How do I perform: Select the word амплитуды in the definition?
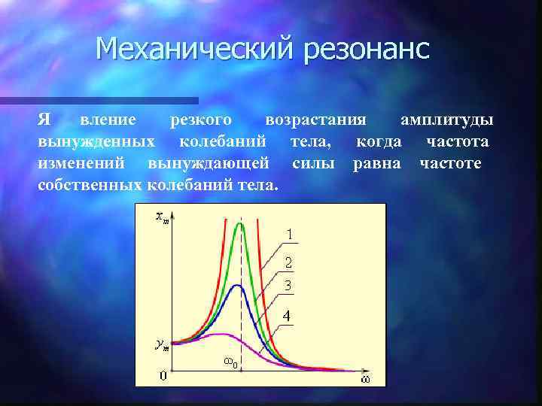pyautogui.click(x=447, y=120)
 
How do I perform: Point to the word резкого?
pyautogui.click(x=200, y=120)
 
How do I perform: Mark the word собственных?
pyautogui.click(x=89, y=184)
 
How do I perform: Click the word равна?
pyautogui.click(x=377, y=163)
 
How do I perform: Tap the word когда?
pyautogui.click(x=379, y=142)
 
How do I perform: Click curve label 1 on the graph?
pyautogui.click(x=288, y=235)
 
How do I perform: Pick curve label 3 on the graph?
pyautogui.click(x=288, y=286)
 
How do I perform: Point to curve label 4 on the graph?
pyautogui.click(x=287, y=317)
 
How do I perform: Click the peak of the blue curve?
pyautogui.click(x=238, y=286)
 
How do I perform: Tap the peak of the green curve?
pyautogui.click(x=240, y=223)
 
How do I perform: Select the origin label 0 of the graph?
pyautogui.click(x=163, y=375)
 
